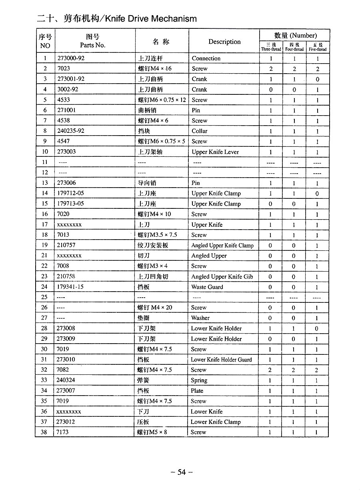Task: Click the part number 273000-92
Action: pyautogui.click(x=71, y=58)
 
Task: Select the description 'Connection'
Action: pyautogui.click(x=206, y=58)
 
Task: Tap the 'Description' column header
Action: pyautogui.click(x=224, y=42)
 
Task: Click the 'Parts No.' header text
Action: pyautogui.click(x=92, y=45)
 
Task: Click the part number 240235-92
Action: pyautogui.click(x=71, y=131)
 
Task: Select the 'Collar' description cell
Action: pyautogui.click(x=200, y=131)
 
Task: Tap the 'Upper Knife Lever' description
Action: pyautogui.click(x=215, y=152)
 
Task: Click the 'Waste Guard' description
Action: pyautogui.click(x=207, y=287)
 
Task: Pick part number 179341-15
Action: pyautogui.click(x=71, y=287)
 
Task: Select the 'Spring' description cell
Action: pyautogui.click(x=199, y=380)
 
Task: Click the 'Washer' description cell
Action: pyautogui.click(x=200, y=318)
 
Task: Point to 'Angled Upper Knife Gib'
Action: pyautogui.click(x=222, y=276)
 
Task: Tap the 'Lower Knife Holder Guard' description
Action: pyautogui.click(x=221, y=360)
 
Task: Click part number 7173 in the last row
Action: pyautogui.click(x=63, y=432)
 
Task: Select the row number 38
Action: pyautogui.click(x=44, y=432)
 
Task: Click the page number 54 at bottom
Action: pyautogui.click(x=182, y=472)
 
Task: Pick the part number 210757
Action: pyautogui.click(x=66, y=245)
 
